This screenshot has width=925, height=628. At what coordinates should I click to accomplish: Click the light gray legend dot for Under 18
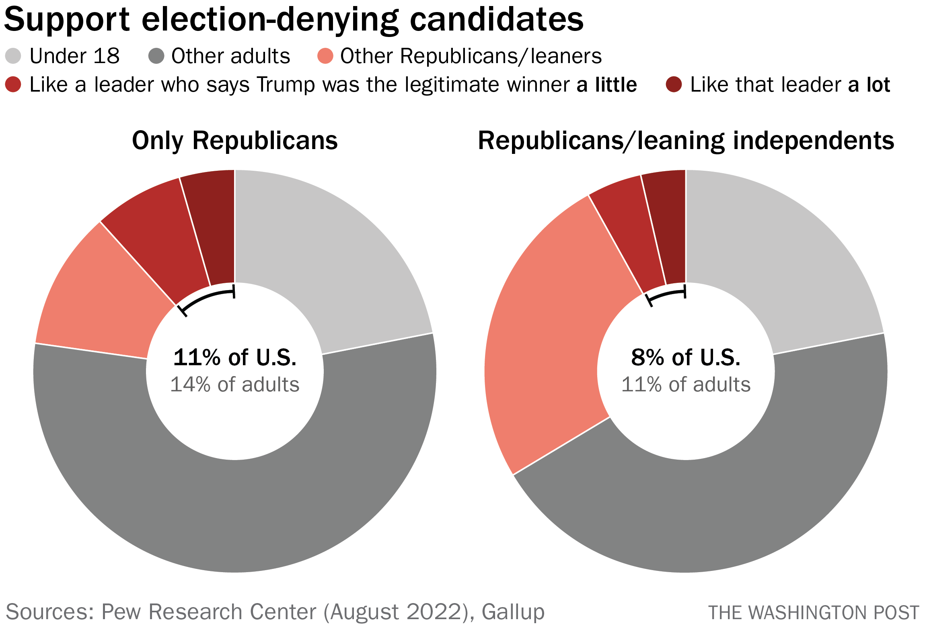(x=13, y=56)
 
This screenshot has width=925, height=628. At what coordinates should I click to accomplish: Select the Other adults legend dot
(x=156, y=56)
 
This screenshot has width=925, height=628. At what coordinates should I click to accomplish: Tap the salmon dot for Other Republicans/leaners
(x=325, y=56)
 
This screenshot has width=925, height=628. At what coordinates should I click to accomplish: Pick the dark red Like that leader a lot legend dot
(x=674, y=84)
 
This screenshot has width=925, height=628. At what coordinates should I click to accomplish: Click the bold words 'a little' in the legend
(x=606, y=85)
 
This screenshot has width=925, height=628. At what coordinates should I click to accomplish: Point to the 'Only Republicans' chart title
(x=235, y=141)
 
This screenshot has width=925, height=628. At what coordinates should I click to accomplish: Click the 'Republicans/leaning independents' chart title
(x=686, y=141)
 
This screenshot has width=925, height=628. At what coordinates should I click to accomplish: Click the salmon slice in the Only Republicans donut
(x=101, y=297)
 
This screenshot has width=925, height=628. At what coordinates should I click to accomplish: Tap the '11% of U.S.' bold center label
(x=235, y=357)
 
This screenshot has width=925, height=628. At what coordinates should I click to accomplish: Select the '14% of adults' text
(x=235, y=385)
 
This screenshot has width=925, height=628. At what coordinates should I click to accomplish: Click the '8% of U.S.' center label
(x=686, y=357)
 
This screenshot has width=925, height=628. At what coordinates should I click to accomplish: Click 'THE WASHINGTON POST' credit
(x=814, y=613)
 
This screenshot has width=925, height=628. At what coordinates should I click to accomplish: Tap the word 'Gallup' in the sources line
(x=513, y=612)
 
